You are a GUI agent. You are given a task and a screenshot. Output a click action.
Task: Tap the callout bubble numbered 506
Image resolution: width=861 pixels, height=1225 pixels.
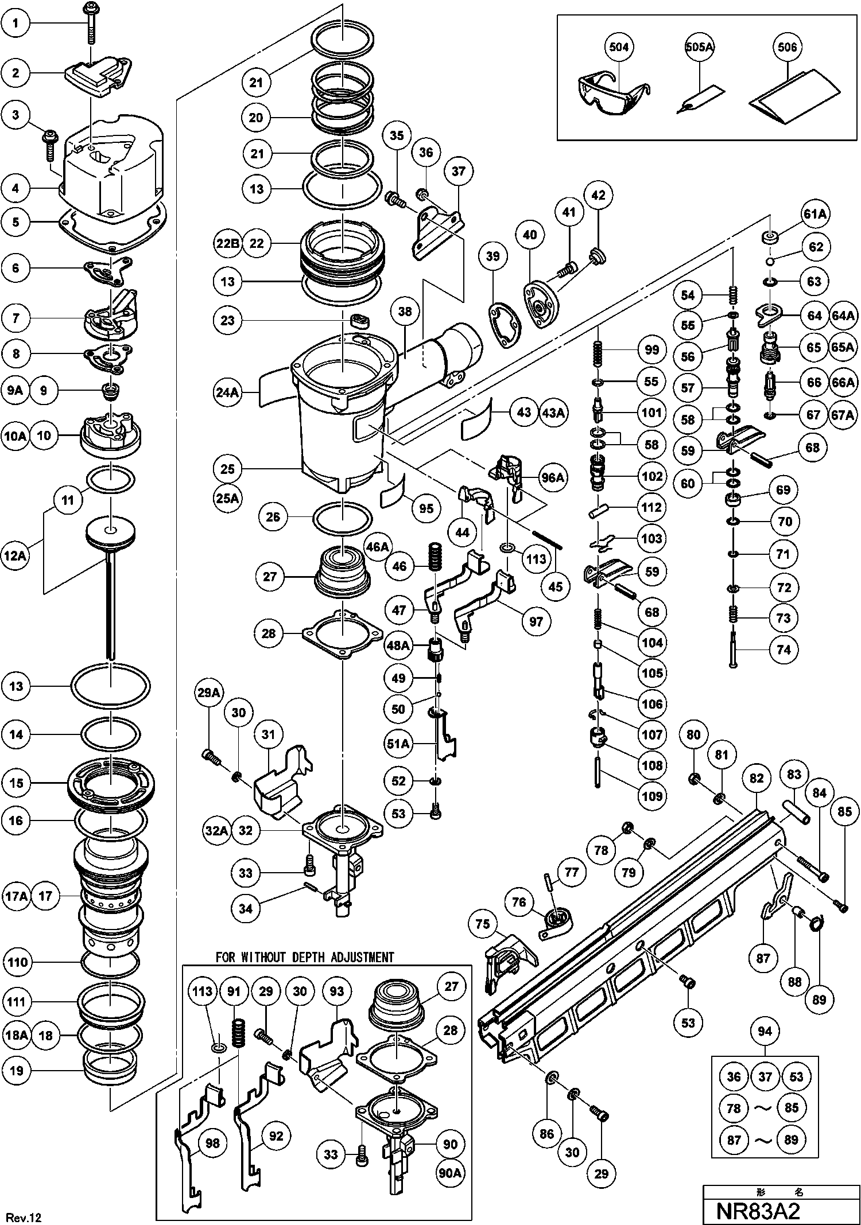pyautogui.click(x=788, y=46)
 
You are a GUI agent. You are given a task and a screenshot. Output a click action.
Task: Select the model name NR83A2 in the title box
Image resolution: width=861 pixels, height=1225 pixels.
pyautogui.click(x=758, y=1211)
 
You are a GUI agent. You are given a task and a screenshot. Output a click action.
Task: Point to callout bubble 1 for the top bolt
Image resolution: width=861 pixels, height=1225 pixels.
pyautogui.click(x=15, y=23)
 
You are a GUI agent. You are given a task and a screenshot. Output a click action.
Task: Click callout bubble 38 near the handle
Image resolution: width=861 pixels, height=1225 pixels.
pyautogui.click(x=405, y=312)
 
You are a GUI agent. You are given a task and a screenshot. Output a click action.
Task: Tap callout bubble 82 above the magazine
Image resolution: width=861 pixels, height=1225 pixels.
pyautogui.click(x=757, y=777)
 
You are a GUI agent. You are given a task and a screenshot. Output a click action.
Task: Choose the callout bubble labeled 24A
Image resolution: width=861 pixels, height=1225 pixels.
pyautogui.click(x=227, y=393)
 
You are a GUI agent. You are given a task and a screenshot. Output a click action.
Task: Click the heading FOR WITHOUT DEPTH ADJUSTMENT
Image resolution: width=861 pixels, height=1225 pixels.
pyautogui.click(x=305, y=957)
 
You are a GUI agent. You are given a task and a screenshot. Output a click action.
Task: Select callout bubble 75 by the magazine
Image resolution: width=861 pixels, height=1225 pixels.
pyautogui.click(x=483, y=924)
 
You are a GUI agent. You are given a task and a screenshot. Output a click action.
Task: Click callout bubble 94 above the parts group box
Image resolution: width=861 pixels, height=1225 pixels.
pyautogui.click(x=765, y=1032)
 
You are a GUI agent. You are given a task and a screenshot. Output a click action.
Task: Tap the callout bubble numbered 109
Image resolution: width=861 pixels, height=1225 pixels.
pyautogui.click(x=652, y=796)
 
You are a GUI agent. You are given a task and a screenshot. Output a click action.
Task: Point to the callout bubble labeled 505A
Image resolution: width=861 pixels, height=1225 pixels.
pyautogui.click(x=700, y=47)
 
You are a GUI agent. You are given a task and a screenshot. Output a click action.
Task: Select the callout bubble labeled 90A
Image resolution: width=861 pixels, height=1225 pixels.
pyautogui.click(x=450, y=1173)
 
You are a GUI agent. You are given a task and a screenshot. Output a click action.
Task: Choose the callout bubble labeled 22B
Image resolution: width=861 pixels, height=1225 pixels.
pyautogui.click(x=227, y=243)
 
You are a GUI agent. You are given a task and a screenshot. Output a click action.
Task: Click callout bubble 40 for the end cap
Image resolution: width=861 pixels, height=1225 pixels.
pyautogui.click(x=530, y=234)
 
